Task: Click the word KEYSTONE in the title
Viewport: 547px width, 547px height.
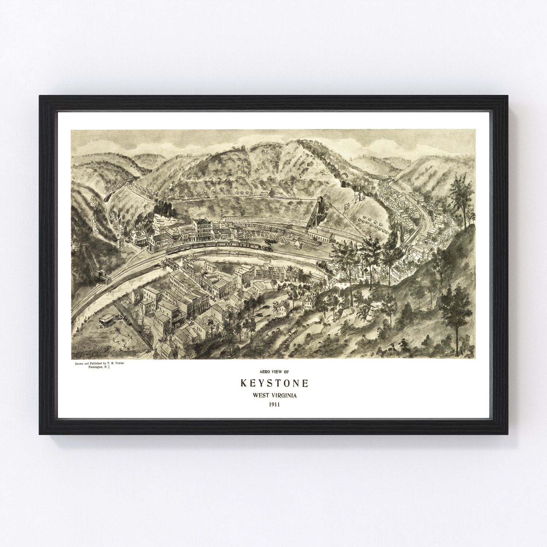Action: pyautogui.click(x=274, y=383)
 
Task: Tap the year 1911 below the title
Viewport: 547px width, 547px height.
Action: pyautogui.click(x=274, y=404)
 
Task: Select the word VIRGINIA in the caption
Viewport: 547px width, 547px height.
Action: pyautogui.click(x=285, y=395)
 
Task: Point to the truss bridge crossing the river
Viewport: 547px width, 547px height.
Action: pyautogui.click(x=171, y=263)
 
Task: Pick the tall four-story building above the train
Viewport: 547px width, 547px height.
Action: pyautogui.click(x=201, y=230)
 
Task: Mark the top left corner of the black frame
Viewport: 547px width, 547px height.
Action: pyautogui.click(x=40, y=96)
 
